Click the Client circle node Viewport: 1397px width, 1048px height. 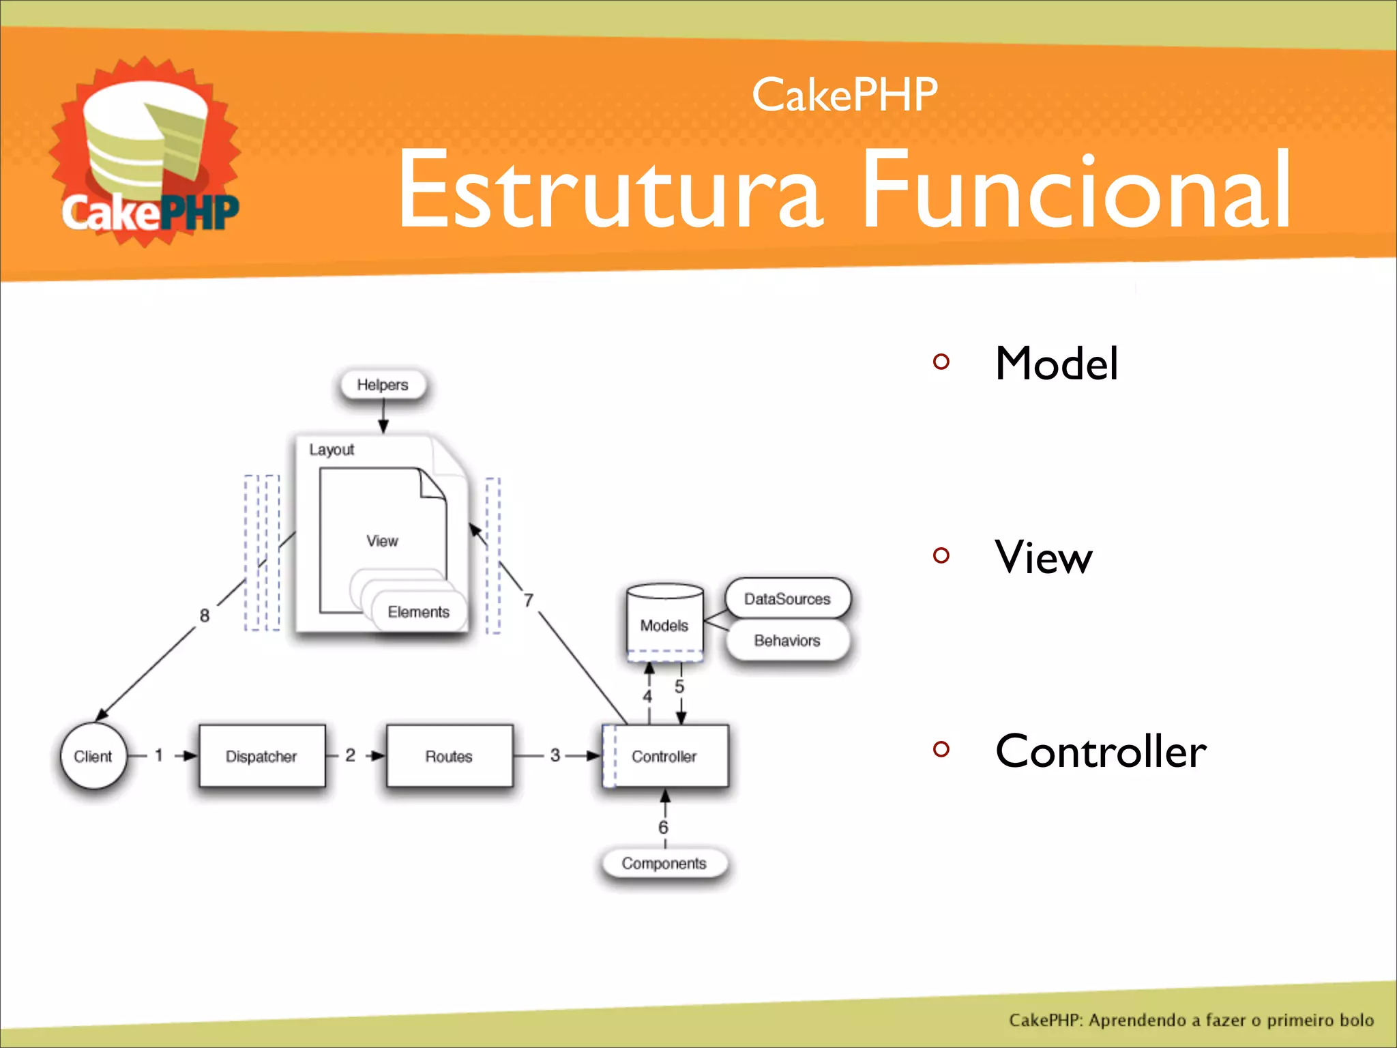coord(93,756)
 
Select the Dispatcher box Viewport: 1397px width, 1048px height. coord(262,756)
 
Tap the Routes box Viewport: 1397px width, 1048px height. coord(449,756)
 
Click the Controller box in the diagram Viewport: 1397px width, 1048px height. coord(665,756)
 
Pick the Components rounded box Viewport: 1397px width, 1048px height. coord(664,863)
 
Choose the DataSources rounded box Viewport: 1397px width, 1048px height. coord(787,598)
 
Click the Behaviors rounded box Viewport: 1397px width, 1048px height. coord(787,640)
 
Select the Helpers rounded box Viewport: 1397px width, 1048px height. coord(383,385)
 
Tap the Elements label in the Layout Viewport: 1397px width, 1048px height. coord(418,611)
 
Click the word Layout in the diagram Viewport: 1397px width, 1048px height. coord(332,450)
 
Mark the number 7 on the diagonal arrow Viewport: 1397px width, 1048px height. coord(529,600)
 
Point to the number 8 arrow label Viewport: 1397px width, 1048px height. coord(205,615)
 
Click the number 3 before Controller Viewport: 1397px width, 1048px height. coord(555,755)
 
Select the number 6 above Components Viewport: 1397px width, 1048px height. coord(663,827)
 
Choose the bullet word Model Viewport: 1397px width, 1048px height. coord(1056,363)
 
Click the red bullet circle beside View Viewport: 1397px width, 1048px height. coord(941,555)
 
